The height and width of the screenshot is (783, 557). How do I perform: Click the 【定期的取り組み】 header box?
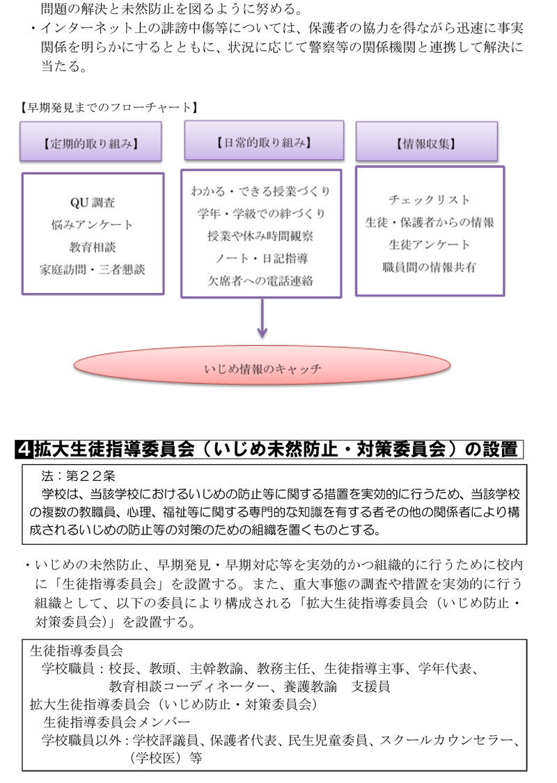[x=91, y=142]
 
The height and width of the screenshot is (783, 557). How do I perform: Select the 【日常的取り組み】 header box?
[x=264, y=141]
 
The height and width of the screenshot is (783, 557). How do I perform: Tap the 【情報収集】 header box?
[x=427, y=142]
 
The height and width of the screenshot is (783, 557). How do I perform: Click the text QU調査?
[x=93, y=203]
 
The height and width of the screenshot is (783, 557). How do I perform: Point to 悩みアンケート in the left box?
[x=93, y=225]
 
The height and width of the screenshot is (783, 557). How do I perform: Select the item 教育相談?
[x=93, y=247]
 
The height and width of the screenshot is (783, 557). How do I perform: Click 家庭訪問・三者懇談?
[x=93, y=269]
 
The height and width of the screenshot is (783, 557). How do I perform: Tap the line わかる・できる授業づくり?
[x=261, y=191]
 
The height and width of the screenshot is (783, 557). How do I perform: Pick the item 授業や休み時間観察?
[x=261, y=236]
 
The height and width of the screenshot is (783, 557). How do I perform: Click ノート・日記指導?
[x=261, y=258]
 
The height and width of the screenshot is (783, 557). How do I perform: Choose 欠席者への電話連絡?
[x=261, y=280]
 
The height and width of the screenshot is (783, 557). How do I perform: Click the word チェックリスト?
[x=430, y=200]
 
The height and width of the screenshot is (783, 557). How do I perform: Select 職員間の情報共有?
[x=430, y=267]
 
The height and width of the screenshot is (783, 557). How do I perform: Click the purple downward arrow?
[x=262, y=318]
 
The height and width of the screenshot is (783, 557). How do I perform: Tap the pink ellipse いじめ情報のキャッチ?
[x=262, y=366]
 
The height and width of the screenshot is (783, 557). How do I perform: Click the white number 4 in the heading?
[x=24, y=450]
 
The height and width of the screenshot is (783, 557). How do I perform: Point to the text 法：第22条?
[x=79, y=476]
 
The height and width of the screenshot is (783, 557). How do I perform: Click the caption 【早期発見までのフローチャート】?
[x=109, y=107]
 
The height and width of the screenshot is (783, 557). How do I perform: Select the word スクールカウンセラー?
[x=446, y=740]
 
